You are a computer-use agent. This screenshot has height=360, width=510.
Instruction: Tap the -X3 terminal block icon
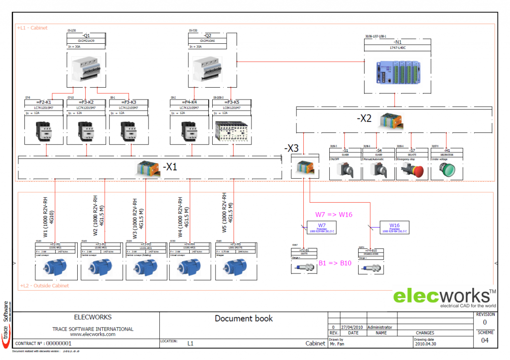click(x=304, y=167)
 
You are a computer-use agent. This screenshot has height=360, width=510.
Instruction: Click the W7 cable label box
click(x=322, y=228)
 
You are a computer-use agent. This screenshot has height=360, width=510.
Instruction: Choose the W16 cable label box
click(x=394, y=228)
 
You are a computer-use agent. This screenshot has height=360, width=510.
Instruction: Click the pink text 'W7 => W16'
click(x=334, y=215)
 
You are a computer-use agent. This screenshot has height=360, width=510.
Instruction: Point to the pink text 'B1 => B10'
click(x=335, y=263)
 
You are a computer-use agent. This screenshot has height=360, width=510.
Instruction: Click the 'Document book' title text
click(x=244, y=318)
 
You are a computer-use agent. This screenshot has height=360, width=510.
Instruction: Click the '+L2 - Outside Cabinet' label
click(x=44, y=286)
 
